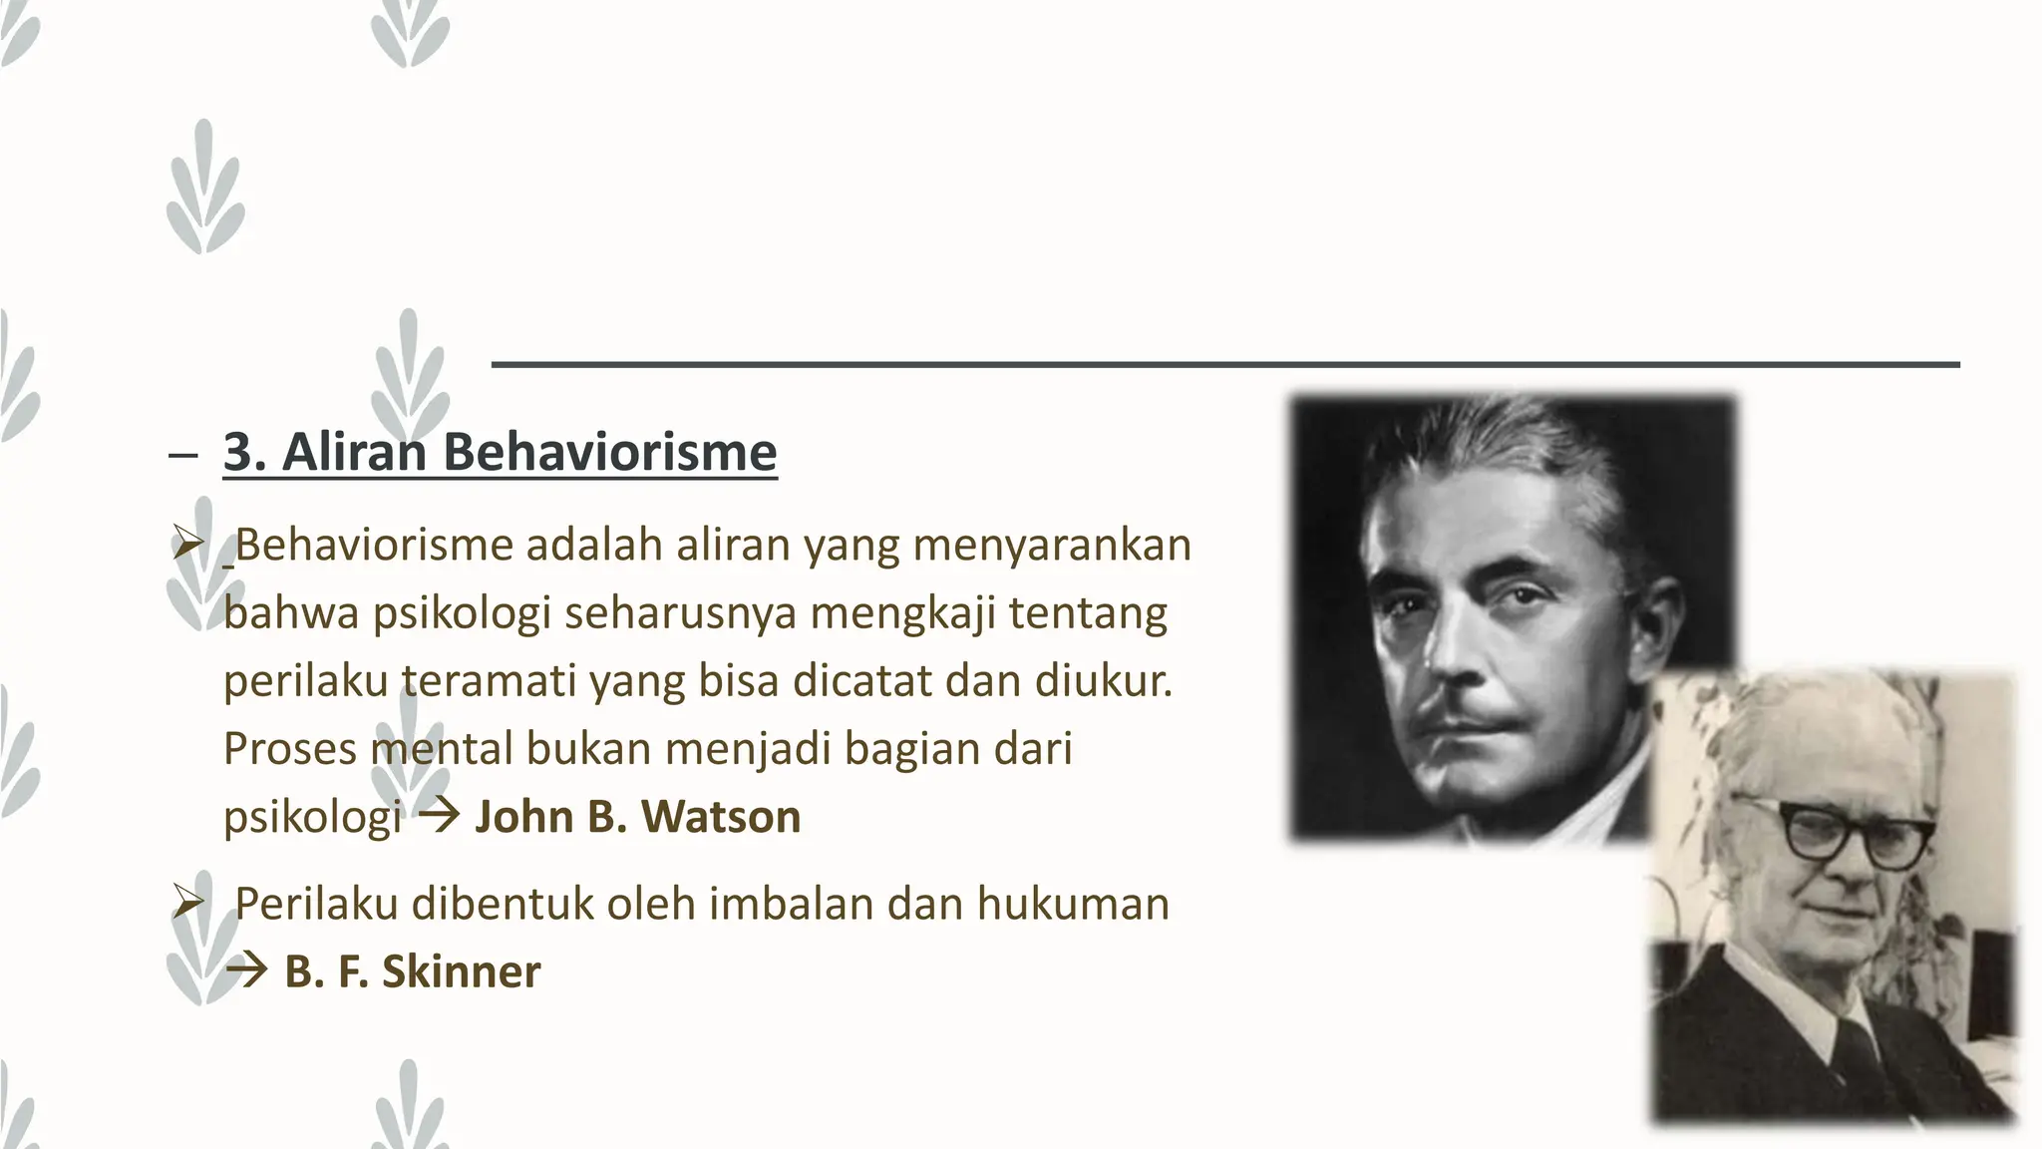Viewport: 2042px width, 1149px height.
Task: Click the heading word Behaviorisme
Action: [609, 452]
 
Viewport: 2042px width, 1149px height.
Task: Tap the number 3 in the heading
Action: [237, 452]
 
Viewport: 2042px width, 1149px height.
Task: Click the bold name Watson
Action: [721, 816]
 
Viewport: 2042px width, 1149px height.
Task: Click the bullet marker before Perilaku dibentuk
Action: [186, 905]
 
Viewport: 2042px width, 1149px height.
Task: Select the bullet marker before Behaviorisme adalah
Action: [186, 546]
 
